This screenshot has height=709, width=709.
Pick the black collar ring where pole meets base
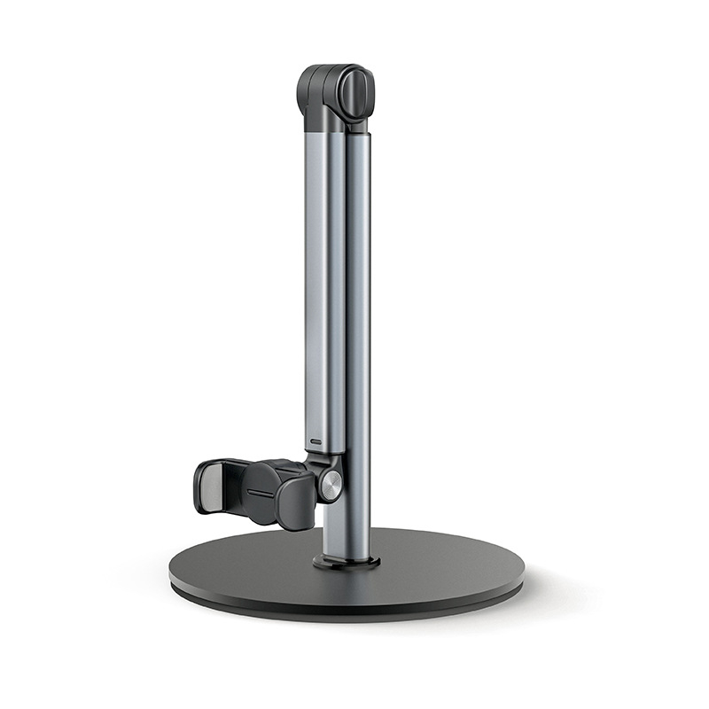click(x=347, y=562)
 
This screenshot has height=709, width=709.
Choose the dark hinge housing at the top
click(x=335, y=92)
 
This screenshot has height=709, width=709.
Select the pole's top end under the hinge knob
click(x=358, y=133)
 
